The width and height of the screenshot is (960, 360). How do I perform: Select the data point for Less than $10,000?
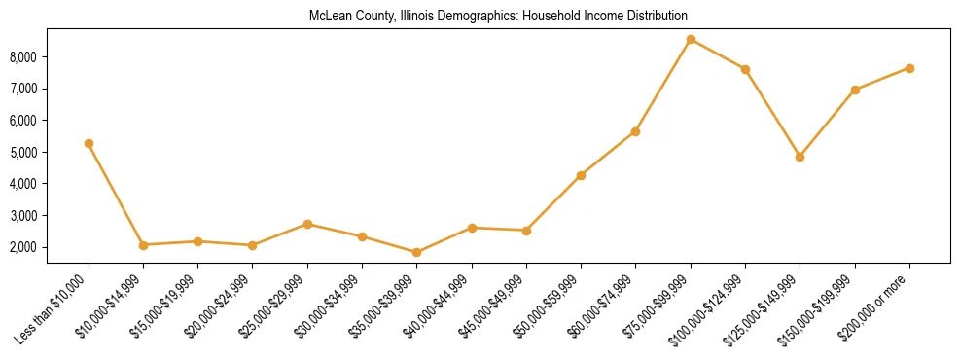click(89, 143)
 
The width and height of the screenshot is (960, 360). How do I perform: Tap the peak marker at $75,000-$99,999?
click(691, 40)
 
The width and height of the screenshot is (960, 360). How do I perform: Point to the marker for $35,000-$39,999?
click(417, 252)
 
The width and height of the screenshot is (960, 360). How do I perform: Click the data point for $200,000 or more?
click(909, 68)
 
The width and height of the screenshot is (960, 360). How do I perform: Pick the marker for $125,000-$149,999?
click(800, 157)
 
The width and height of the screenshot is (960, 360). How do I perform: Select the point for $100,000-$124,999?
click(745, 69)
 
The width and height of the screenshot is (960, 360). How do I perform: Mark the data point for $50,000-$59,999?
click(581, 175)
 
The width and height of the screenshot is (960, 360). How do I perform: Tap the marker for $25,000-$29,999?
click(307, 224)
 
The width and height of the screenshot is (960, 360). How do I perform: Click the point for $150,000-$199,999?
click(855, 90)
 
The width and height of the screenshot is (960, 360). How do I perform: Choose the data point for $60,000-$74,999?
click(635, 131)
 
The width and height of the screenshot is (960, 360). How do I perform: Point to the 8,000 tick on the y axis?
click(22, 57)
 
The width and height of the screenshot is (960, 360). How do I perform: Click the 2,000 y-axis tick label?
click(22, 247)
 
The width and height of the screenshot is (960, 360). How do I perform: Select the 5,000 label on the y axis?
click(22, 153)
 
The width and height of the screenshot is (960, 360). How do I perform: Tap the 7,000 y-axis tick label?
click(22, 89)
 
